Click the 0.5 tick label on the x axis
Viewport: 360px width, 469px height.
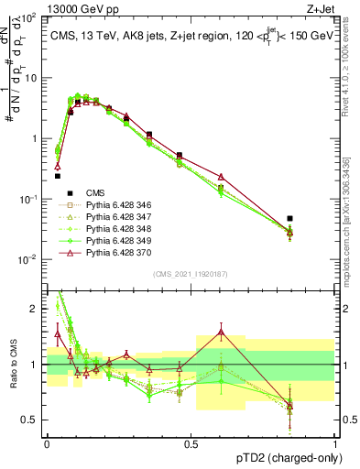click(191, 443)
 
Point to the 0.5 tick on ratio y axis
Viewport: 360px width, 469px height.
click(33, 420)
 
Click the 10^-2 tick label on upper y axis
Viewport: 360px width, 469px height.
click(28, 260)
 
